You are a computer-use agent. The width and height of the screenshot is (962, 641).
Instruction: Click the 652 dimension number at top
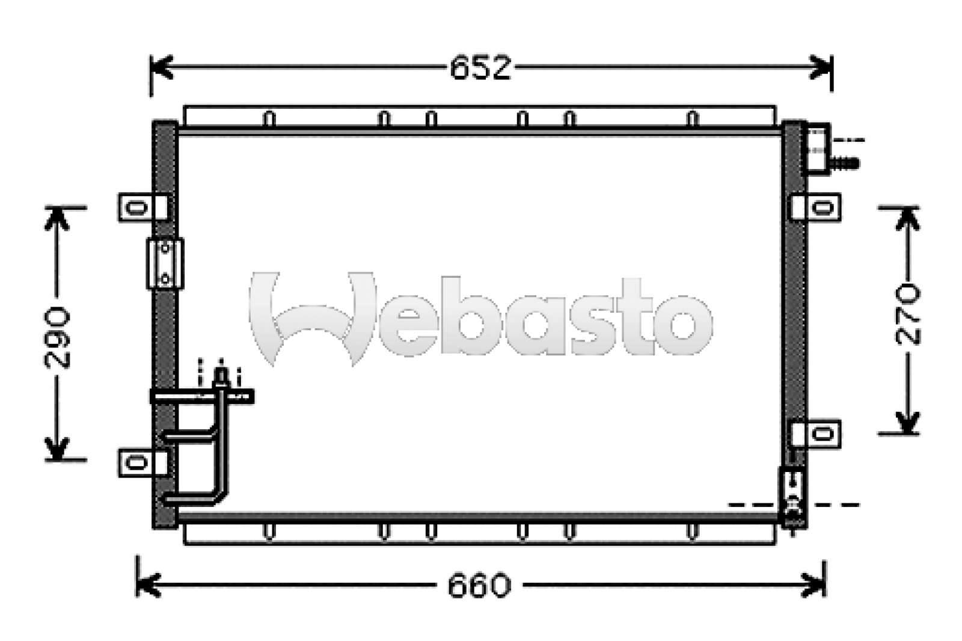point(480,67)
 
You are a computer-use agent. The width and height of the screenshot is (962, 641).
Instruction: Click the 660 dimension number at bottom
point(479,585)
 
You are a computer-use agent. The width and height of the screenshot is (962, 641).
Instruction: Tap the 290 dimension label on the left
point(58,338)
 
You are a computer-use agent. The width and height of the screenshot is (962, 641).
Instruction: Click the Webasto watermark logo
point(481,319)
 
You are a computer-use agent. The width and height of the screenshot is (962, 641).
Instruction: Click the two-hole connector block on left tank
point(165,263)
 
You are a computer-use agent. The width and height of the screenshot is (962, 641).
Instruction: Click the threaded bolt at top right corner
point(845,162)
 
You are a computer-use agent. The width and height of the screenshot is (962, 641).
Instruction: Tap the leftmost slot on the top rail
point(270,119)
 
